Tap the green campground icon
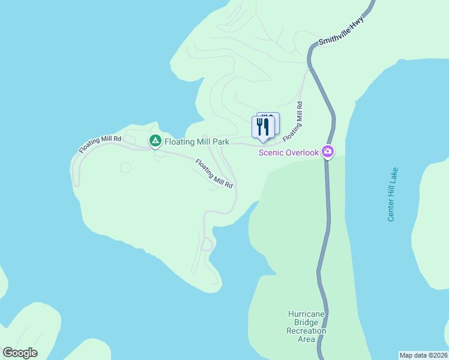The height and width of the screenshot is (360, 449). click(155, 141)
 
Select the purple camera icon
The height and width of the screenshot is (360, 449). click(328, 151)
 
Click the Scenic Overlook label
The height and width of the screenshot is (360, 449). click(288, 152)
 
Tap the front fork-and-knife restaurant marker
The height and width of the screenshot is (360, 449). click(262, 127)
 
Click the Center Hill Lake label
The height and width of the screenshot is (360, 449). click(393, 194)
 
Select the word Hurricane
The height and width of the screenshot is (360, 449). click(307, 314)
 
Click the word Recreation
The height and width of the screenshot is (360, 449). click(306, 331)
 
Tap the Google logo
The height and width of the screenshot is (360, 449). click(20, 353)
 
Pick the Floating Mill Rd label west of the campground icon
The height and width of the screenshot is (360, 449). click(100, 144)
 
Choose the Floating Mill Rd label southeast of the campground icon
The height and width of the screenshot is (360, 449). click(213, 174)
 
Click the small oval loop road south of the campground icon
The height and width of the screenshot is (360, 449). click(125, 168)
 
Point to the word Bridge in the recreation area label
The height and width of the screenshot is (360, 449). click(306, 322)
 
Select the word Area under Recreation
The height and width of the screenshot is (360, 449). click(306, 339)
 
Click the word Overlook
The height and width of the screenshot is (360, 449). click(302, 152)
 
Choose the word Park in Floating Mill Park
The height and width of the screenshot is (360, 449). click(220, 142)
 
